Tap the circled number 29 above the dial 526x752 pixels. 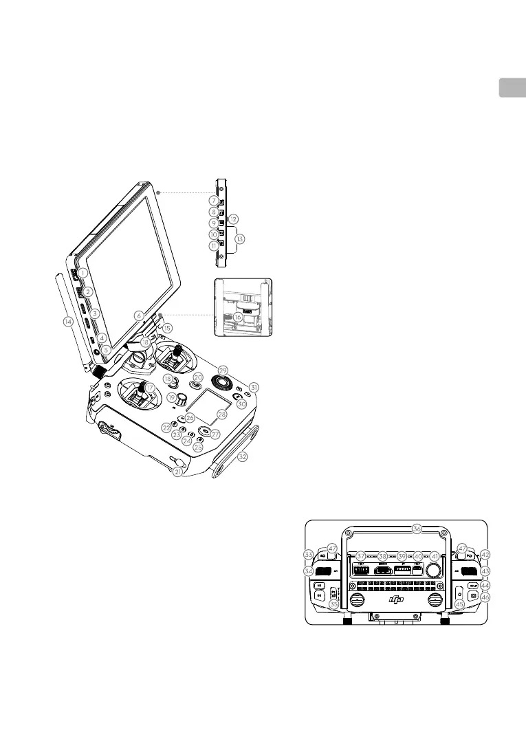click(x=222, y=371)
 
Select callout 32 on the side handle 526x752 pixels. click(x=242, y=456)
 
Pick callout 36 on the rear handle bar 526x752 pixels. click(x=416, y=529)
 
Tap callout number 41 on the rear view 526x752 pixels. click(x=434, y=555)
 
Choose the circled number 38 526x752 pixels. click(x=383, y=555)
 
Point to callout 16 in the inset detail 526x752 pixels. click(x=238, y=317)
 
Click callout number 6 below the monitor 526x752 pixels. click(x=139, y=315)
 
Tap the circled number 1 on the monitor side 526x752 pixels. click(x=83, y=272)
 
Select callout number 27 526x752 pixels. click(x=204, y=434)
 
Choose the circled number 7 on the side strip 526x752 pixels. click(x=214, y=200)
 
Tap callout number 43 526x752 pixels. click(x=485, y=571)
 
